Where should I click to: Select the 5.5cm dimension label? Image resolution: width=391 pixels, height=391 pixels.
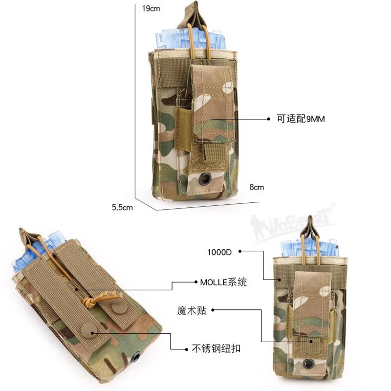[x=122, y=207]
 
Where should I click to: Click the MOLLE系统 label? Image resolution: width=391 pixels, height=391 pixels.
[x=223, y=282]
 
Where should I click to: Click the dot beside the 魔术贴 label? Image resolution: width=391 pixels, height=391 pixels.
[x=214, y=310]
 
